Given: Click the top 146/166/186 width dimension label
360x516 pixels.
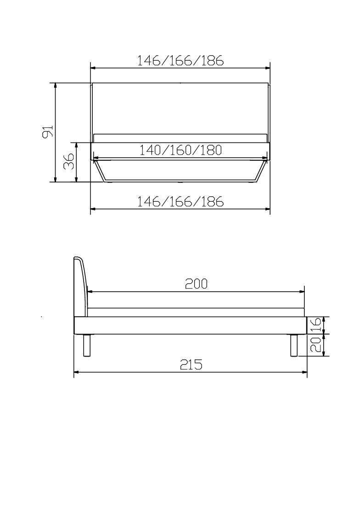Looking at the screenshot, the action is [180, 61].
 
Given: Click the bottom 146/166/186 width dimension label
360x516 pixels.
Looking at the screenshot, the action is [180, 201].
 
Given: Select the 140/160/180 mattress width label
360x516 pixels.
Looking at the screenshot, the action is [180, 150].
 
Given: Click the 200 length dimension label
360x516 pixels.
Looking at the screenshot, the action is [196, 284].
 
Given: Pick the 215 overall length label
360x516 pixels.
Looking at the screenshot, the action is [191, 364].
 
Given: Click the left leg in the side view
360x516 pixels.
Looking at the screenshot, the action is [87, 346].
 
